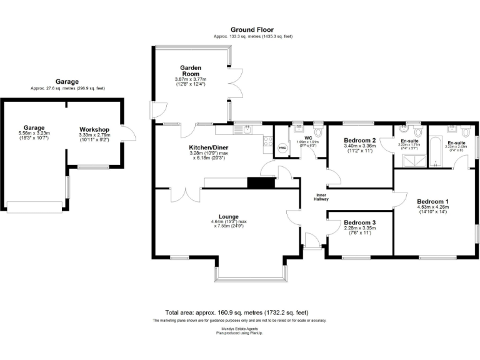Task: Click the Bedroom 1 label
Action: [433, 201]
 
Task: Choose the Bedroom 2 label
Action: [359, 141]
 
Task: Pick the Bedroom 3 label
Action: [359, 222]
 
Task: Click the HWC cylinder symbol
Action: [282, 148]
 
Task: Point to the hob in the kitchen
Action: [268, 141]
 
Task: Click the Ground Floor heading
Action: [253, 29]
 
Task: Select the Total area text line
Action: [236, 312]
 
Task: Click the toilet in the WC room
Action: [318, 132]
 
